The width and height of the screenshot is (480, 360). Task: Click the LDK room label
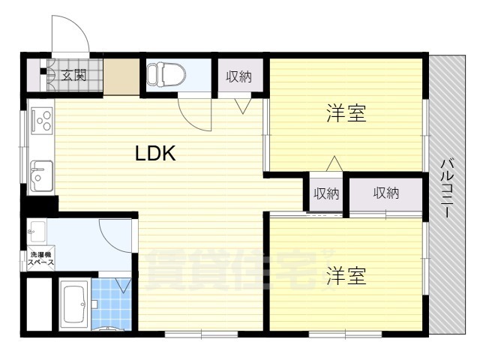(155, 154)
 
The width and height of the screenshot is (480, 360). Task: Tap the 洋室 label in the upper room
(346, 114)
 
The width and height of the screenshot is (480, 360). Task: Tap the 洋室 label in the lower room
(346, 276)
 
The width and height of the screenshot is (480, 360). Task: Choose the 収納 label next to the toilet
(240, 75)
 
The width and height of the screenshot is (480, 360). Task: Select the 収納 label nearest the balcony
(386, 193)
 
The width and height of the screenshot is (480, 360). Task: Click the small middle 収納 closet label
(326, 193)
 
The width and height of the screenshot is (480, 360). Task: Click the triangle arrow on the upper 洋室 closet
(334, 163)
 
